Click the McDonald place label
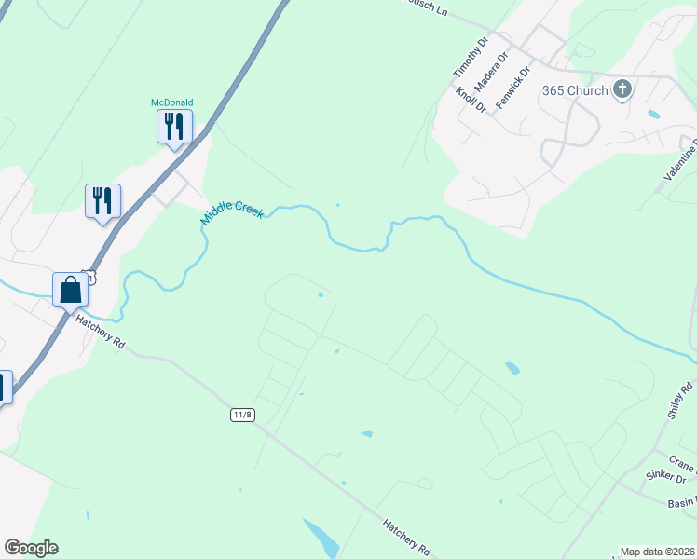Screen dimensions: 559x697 [172, 102]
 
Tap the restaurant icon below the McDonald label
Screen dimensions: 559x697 [174, 125]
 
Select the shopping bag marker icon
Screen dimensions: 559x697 [71, 289]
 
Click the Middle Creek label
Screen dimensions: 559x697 [233, 212]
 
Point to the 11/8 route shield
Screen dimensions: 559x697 [242, 414]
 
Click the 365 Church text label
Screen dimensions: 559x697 [575, 90]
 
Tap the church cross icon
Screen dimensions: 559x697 [622, 89]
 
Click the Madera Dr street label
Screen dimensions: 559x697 [490, 71]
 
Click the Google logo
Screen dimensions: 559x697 [31, 548]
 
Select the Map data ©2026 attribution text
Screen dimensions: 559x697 [658, 552]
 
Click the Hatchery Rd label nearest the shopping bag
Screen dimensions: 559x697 [102, 332]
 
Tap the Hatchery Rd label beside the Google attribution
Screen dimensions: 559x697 [406, 538]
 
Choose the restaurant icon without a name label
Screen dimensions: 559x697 [102, 200]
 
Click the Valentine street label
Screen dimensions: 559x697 [681, 159]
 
